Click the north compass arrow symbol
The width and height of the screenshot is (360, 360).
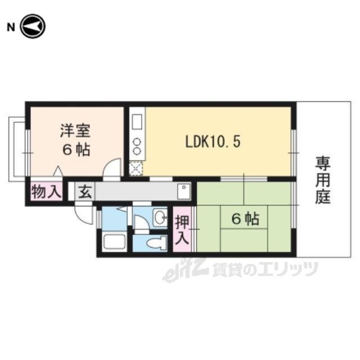click(33, 26)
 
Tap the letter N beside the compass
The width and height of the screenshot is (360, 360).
click(11, 28)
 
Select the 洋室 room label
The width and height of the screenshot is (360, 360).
click(75, 131)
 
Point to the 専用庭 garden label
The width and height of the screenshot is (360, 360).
click(323, 180)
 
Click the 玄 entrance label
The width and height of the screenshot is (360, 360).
click(85, 192)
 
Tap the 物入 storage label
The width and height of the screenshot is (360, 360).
click(47, 192)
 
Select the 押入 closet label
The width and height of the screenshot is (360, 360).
click(182, 230)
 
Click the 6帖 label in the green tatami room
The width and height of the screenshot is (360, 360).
click(245, 219)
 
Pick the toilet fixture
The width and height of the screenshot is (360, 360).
click(157, 242)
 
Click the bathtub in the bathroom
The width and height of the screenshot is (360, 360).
click(114, 241)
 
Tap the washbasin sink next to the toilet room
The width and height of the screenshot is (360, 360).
click(160, 217)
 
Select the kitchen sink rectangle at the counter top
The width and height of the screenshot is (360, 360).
click(137, 122)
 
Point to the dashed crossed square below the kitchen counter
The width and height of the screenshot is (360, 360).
click(136, 169)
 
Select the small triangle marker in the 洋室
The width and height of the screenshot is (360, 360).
click(57, 171)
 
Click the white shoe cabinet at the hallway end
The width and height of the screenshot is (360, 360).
click(184, 191)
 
